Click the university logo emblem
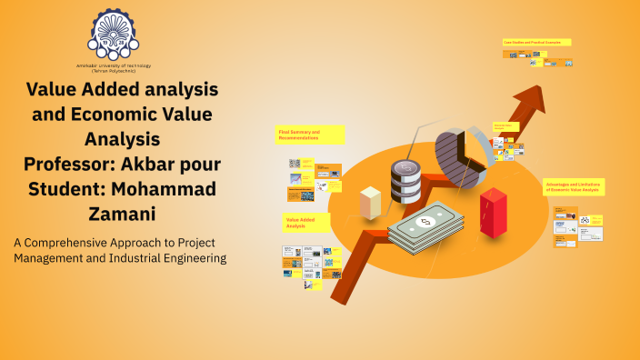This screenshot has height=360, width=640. pos(115,35)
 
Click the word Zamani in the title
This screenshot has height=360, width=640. pos(122,215)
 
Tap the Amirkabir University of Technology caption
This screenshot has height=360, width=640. pos(115,70)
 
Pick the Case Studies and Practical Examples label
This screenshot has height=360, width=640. pos(536,42)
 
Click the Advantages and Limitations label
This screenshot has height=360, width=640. pos(575,186)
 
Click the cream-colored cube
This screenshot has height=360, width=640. pos(370,202)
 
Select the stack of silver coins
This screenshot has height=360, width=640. pos(405,183)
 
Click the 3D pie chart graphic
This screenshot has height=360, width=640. pos(460,150)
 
